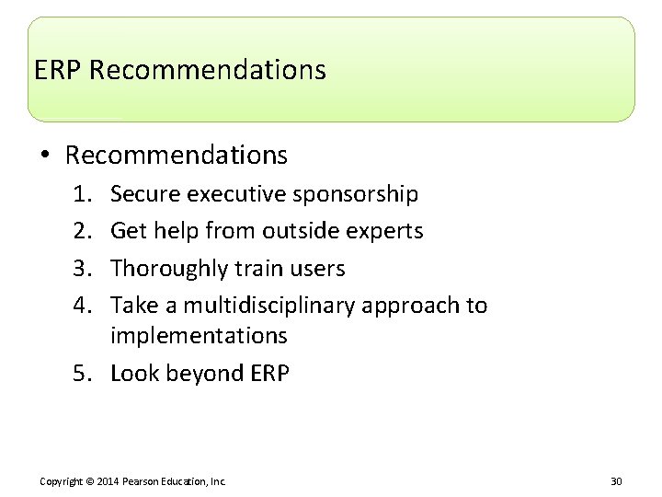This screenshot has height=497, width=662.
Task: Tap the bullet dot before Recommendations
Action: click(x=45, y=156)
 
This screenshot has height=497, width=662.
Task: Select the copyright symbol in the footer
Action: click(x=92, y=481)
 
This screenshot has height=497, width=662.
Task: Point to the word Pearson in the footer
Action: click(x=143, y=481)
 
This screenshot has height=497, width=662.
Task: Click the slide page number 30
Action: click(x=616, y=481)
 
